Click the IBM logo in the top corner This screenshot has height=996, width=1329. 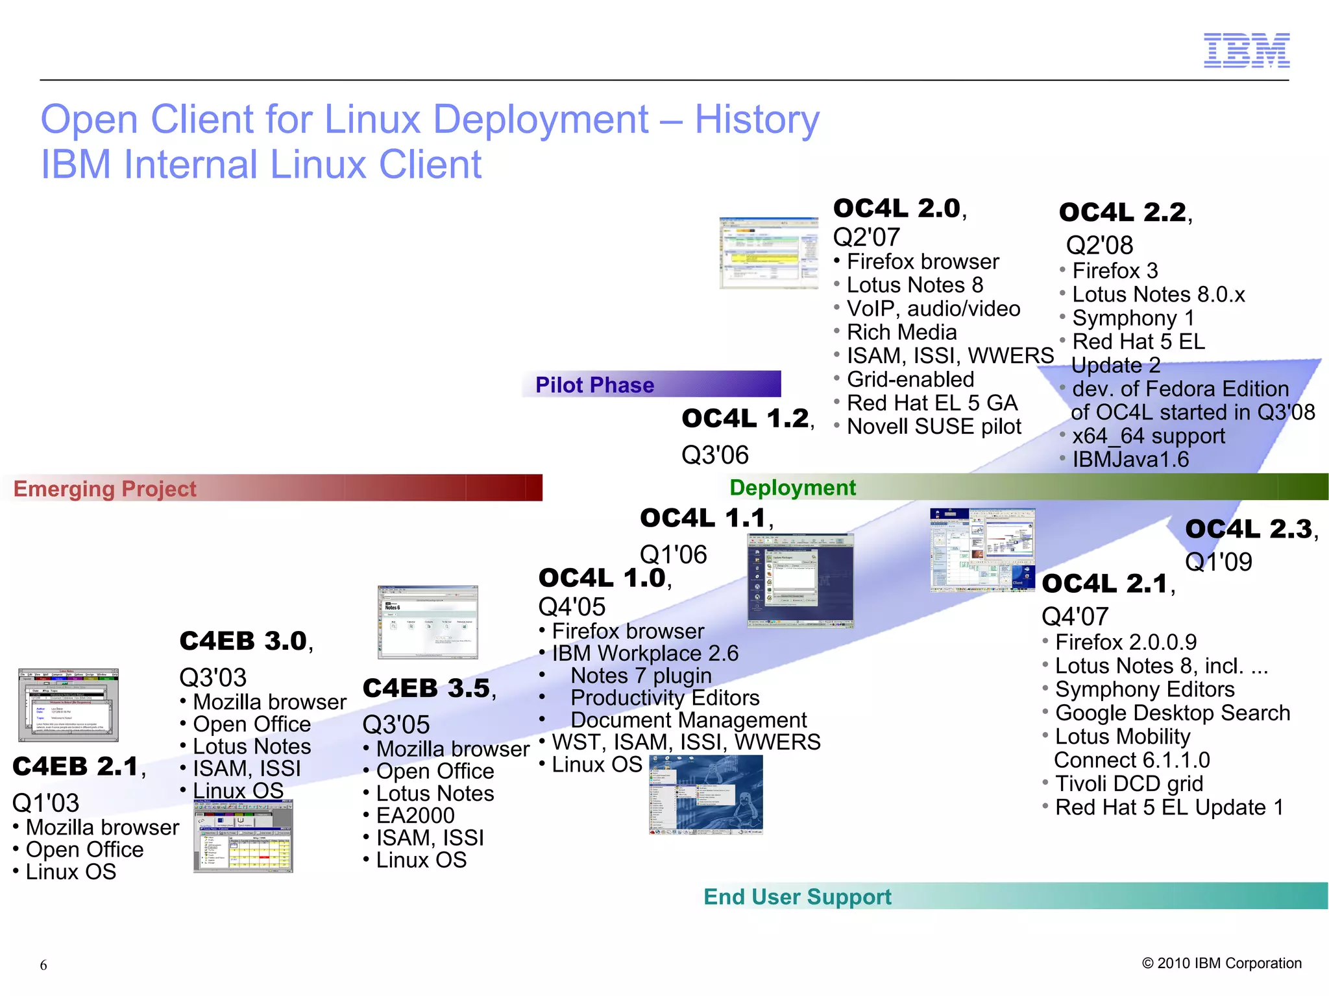(1246, 51)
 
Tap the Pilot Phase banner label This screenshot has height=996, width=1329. (594, 385)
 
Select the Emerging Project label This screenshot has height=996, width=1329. (105, 489)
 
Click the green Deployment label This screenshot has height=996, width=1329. (792, 488)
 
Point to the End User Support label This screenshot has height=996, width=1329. (798, 897)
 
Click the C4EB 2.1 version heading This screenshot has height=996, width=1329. (76, 766)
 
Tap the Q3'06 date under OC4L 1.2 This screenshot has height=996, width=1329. (714, 455)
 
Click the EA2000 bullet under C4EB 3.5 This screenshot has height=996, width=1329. (415, 816)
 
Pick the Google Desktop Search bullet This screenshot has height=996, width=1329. (1172, 713)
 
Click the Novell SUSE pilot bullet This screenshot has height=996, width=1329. (934, 427)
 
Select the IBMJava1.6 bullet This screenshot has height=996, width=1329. (1130, 460)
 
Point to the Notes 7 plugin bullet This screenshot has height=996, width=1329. (640, 676)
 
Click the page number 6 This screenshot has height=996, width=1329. (43, 965)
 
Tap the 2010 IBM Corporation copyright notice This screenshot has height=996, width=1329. (1221, 963)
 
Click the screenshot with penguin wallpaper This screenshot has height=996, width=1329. (706, 795)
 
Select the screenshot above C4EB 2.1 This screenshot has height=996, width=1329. (68, 705)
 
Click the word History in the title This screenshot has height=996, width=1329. (757, 120)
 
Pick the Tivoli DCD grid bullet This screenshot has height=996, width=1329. (1128, 784)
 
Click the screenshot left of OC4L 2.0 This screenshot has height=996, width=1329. (768, 254)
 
